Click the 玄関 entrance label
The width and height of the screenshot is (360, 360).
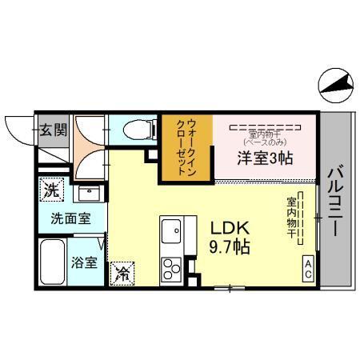click(54, 130)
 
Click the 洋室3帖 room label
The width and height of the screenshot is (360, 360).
click(264, 157)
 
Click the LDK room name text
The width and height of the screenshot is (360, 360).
click(228, 227)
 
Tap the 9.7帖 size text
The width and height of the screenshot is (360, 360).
click(230, 247)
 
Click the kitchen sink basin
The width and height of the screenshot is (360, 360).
click(173, 234)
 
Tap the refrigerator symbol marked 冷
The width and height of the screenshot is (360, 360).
click(124, 273)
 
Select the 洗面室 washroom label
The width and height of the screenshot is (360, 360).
click(61, 218)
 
